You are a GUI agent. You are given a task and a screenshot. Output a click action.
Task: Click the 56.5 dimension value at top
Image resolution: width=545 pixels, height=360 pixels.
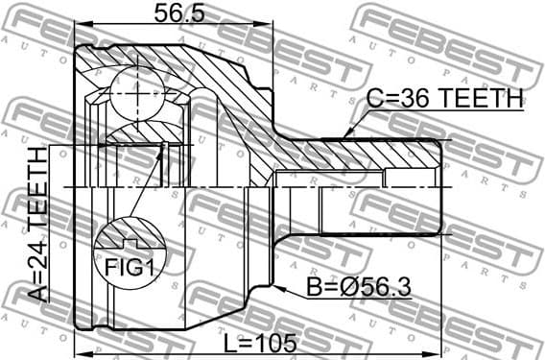point(174,13)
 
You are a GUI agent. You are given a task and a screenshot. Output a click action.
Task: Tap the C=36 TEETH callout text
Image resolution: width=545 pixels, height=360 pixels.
point(445,99)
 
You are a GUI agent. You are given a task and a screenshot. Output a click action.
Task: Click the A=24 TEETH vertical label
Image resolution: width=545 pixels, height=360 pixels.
point(38,226)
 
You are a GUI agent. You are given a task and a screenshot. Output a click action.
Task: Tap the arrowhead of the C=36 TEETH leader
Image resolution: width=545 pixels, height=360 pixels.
point(347,134)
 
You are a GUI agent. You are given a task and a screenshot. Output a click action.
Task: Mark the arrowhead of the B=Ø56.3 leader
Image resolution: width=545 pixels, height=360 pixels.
point(275,285)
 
